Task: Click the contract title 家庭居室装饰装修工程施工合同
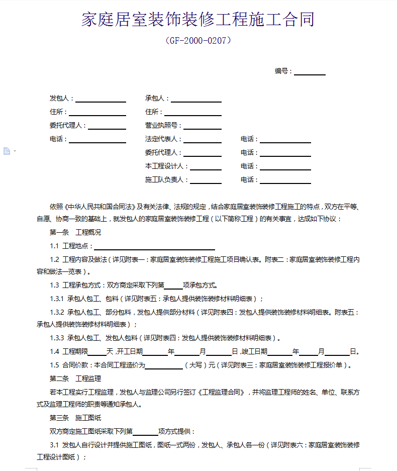click(198, 20)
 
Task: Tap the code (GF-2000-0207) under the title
click(198, 41)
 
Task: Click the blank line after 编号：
click(310, 72)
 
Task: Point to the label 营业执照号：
click(163, 126)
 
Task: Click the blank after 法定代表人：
click(202, 140)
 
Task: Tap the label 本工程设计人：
click(167, 166)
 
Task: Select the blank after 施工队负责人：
click(205, 180)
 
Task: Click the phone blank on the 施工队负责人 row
click(285, 180)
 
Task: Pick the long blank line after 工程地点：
click(155, 246)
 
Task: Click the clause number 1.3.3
click(57, 338)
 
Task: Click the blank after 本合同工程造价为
click(164, 365)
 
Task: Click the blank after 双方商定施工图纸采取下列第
click(145, 432)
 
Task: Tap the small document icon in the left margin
click(7, 151)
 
